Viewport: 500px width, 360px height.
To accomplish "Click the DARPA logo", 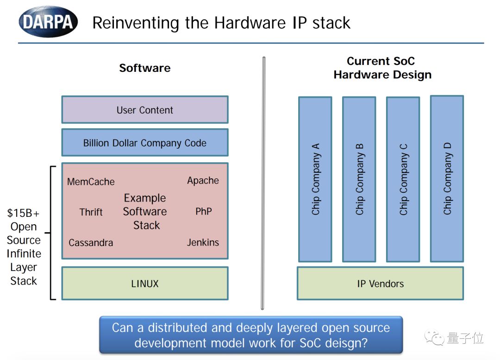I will point(48,22).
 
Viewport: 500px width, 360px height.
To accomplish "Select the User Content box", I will point(144,110).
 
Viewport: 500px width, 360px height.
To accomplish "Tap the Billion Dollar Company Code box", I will point(144,143).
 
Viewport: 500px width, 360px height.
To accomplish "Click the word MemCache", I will point(91,182).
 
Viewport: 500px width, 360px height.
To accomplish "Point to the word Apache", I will point(203,180).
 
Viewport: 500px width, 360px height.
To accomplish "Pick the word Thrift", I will point(91,212).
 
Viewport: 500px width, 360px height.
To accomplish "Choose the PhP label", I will point(203,211).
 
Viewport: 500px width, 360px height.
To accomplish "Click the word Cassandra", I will point(91,242).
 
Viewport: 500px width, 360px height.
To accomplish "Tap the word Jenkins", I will point(203,242).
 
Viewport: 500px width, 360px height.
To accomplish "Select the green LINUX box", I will point(144,283).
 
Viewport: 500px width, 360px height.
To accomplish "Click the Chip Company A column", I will point(315,179).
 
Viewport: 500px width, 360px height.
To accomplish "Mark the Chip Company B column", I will point(359,179).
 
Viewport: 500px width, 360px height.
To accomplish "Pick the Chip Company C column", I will point(403,179).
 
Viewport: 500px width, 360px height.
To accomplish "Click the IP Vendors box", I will point(380,284).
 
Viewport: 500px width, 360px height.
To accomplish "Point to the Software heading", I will point(144,68).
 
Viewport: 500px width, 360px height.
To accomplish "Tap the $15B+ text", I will point(23,214).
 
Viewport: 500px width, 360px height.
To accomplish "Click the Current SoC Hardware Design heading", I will point(382,68).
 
